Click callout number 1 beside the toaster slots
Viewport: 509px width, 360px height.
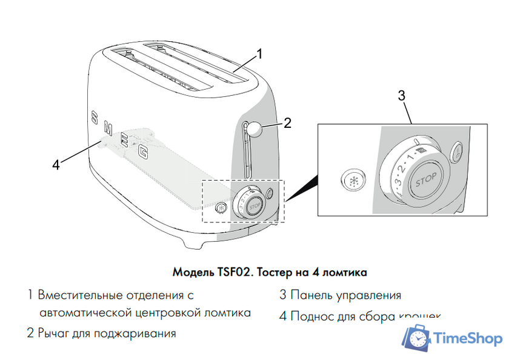tap(259, 54)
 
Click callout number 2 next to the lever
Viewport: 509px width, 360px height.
tap(287, 123)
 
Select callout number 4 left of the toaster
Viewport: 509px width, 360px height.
tap(56, 164)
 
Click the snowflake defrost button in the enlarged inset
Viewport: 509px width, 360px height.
tap(351, 180)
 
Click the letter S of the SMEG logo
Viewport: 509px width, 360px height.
tap(94, 117)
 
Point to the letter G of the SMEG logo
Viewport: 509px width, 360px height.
tap(143, 153)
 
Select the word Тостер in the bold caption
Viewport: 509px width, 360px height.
tap(276, 272)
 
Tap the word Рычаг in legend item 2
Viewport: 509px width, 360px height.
tap(55, 333)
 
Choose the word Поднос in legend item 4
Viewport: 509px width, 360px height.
tap(310, 316)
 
